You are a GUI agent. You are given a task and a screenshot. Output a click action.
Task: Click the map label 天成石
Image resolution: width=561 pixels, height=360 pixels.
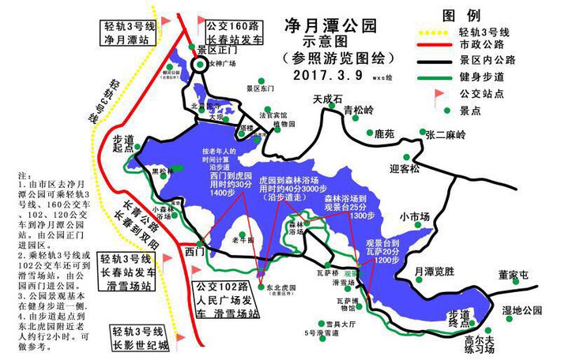pyautogui.click(x=327, y=99)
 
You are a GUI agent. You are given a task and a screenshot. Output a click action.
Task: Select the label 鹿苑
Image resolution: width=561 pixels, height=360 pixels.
pyautogui.click(x=384, y=135)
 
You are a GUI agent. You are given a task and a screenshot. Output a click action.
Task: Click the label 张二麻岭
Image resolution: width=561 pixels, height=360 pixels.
pyautogui.click(x=446, y=135)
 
